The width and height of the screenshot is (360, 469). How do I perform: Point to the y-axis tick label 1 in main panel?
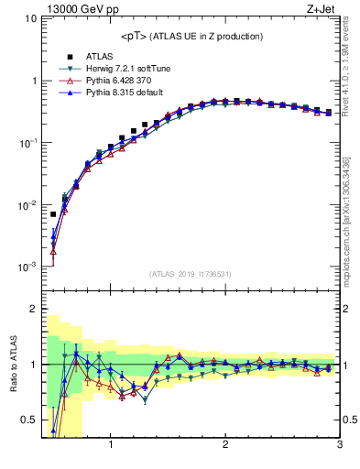click(34, 81)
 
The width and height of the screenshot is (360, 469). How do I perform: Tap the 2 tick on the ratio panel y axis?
click(34, 309)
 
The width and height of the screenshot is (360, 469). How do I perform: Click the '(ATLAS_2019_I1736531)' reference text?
click(191, 274)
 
